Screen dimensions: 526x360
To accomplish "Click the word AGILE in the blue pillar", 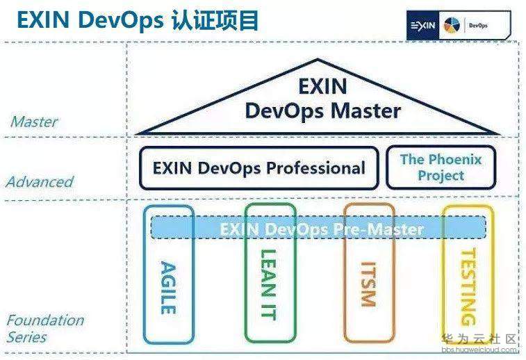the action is click(x=169, y=288).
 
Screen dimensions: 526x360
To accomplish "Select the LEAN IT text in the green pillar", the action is click(x=269, y=285).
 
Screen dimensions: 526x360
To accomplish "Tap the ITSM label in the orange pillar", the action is click(x=368, y=284).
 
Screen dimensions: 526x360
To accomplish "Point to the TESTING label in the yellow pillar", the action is click(x=468, y=287).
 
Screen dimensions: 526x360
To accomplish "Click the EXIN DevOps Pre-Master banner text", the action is click(x=322, y=229).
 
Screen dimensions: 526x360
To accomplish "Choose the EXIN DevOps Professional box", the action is click(x=259, y=168).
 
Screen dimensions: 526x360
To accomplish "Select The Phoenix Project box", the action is click(x=441, y=167).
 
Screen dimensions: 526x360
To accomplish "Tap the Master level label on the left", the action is click(x=34, y=122).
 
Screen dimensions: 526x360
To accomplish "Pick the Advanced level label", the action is click(x=40, y=182).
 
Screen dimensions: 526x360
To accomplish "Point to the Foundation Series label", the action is click(x=45, y=329).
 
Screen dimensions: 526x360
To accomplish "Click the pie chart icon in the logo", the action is click(x=452, y=26).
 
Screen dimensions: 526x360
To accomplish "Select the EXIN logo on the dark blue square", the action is click(x=422, y=26).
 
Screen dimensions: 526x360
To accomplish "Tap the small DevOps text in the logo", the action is click(x=478, y=26).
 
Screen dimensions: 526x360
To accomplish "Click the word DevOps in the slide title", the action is click(x=120, y=20).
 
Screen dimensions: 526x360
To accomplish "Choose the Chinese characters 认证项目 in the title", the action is click(x=215, y=20).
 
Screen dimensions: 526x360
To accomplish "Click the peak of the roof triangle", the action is click(x=318, y=60).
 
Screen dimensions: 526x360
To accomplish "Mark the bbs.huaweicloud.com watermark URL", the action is click(x=479, y=350).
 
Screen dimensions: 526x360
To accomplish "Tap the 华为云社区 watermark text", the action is click(x=479, y=339).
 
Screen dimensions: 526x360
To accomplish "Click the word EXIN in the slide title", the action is click(x=43, y=19).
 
